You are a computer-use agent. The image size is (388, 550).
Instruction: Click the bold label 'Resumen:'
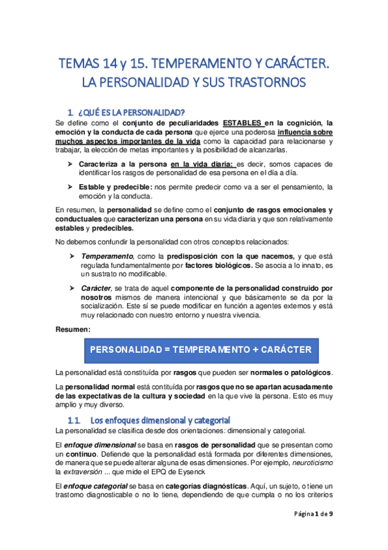tap(73, 329)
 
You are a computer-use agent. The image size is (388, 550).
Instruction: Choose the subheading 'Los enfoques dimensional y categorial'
tap(159, 420)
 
